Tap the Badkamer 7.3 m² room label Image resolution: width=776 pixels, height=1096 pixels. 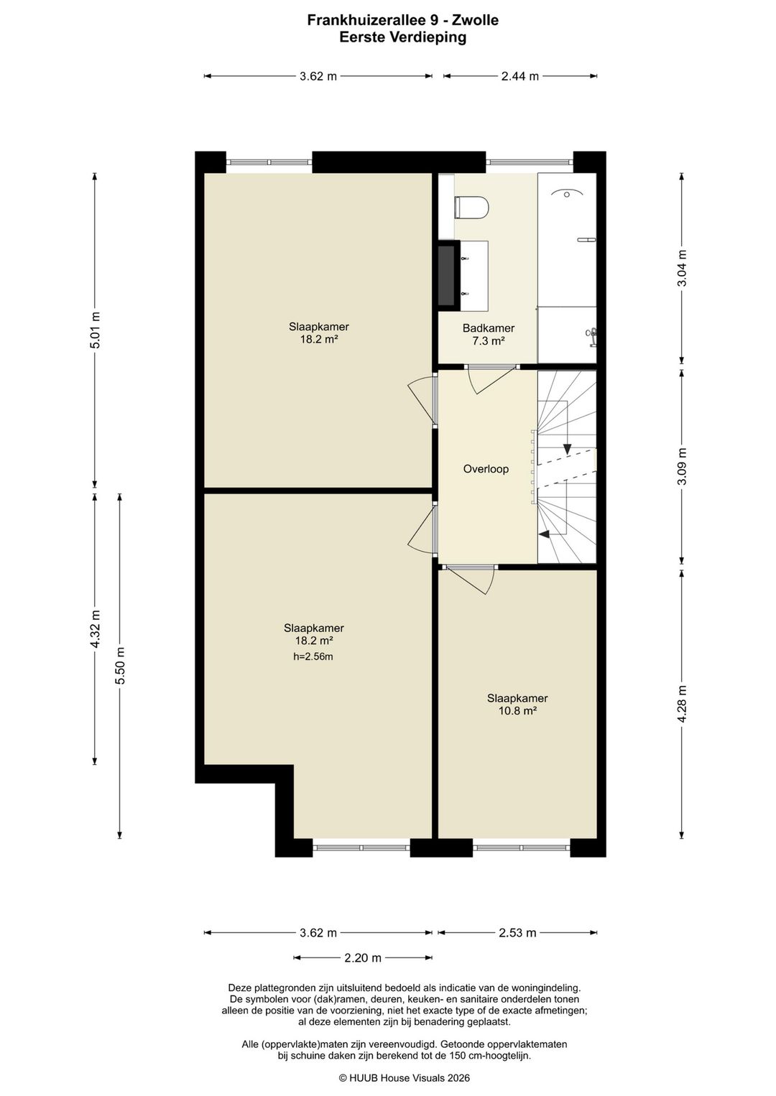[x=488, y=335]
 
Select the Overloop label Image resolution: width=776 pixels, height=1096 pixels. [x=486, y=469]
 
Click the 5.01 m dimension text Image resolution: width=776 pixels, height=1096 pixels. [x=96, y=330]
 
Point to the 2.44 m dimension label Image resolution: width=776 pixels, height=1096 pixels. [x=520, y=76]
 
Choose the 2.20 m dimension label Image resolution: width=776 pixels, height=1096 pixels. [x=363, y=957]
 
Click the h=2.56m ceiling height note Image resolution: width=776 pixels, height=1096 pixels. [x=313, y=656]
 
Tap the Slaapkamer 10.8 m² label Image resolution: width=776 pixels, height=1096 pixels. [x=517, y=705]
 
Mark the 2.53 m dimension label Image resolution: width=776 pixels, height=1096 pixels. [x=517, y=933]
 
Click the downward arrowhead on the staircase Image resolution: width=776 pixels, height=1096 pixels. [x=568, y=449]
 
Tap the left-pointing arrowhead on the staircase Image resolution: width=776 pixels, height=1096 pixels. [x=544, y=535]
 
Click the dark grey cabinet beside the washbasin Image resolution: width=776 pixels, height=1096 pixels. [x=446, y=276]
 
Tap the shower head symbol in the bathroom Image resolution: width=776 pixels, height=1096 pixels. [x=567, y=192]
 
